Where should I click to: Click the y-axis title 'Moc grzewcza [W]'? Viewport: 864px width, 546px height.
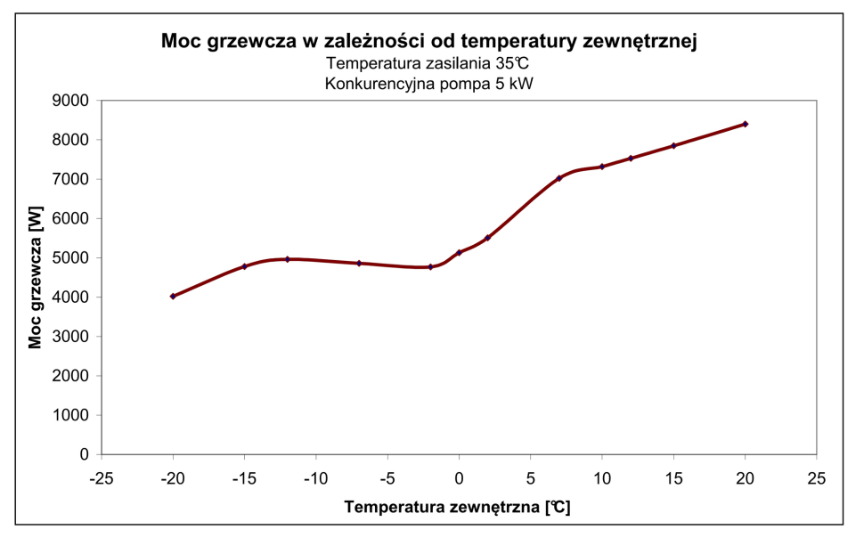click(x=36, y=278)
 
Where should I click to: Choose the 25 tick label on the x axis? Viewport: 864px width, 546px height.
click(x=816, y=477)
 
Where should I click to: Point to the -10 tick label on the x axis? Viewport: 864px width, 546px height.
click(x=316, y=477)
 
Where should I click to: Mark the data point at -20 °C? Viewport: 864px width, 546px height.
click(x=173, y=296)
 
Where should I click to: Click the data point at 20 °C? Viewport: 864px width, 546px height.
click(x=745, y=124)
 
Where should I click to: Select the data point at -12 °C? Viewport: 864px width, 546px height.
click(x=288, y=259)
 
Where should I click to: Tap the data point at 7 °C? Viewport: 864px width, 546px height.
click(x=559, y=178)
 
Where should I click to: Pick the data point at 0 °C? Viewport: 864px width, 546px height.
click(x=459, y=253)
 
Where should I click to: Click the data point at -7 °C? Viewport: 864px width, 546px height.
click(x=359, y=263)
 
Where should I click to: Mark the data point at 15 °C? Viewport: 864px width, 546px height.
click(x=673, y=145)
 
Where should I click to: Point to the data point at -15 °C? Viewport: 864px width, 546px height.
click(x=245, y=266)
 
